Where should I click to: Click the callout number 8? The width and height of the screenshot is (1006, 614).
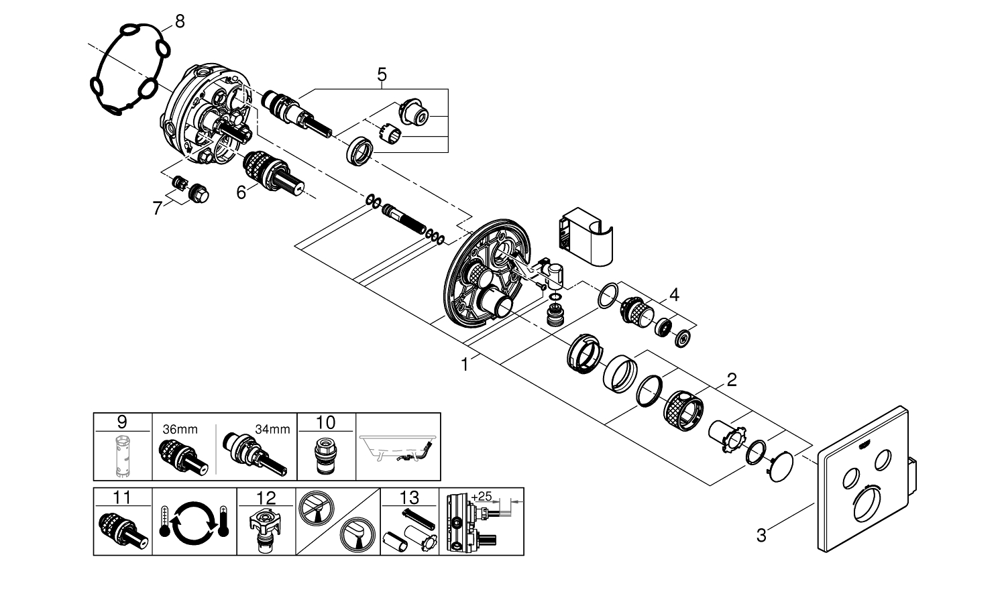click(179, 21)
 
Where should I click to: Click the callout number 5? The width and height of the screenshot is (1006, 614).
click(382, 74)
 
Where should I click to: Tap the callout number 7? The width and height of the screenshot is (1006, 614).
click(158, 208)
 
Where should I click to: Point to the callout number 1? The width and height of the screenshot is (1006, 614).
click(464, 364)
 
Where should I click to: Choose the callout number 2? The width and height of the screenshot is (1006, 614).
click(731, 380)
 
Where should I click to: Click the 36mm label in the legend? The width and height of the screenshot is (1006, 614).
click(180, 430)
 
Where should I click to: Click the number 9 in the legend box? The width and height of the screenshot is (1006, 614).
click(121, 422)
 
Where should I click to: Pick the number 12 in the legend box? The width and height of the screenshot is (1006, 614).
click(266, 497)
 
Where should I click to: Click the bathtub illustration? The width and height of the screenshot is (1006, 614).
click(398, 447)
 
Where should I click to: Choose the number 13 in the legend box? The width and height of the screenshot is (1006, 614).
click(409, 497)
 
